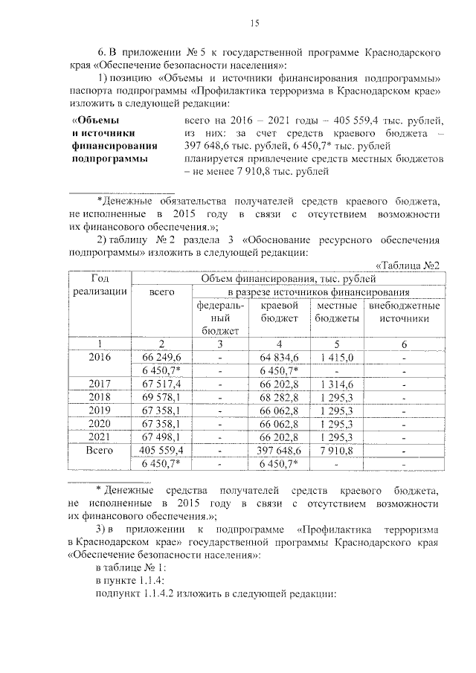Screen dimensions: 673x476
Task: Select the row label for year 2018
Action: pyautogui.click(x=100, y=398)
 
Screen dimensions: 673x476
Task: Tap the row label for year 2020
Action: pyautogui.click(x=100, y=423)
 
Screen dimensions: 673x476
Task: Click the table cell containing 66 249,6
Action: pyautogui.click(x=161, y=358)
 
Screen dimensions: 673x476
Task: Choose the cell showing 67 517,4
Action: pyautogui.click(x=161, y=384)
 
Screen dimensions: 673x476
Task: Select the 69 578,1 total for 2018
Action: pyautogui.click(x=161, y=398)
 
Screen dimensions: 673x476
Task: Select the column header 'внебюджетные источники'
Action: pyautogui.click(x=404, y=312)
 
